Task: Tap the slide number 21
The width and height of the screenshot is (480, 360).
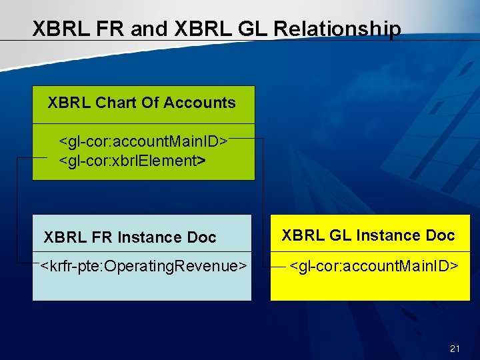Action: pyautogui.click(x=455, y=348)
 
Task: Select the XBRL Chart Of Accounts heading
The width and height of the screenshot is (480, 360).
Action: pyautogui.click(x=141, y=103)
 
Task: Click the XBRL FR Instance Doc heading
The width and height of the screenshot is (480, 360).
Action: pyautogui.click(x=130, y=237)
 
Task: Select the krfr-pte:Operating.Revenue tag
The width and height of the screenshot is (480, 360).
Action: pyautogui.click(x=143, y=267)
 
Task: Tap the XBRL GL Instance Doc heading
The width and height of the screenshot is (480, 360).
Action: pyautogui.click(x=368, y=235)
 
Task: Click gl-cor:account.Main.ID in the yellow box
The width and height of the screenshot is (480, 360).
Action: pyautogui.click(x=374, y=267)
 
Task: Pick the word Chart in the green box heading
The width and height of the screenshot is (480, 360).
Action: pyautogui.click(x=115, y=103)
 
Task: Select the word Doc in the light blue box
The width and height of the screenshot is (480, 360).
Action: pyautogui.click(x=202, y=237)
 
